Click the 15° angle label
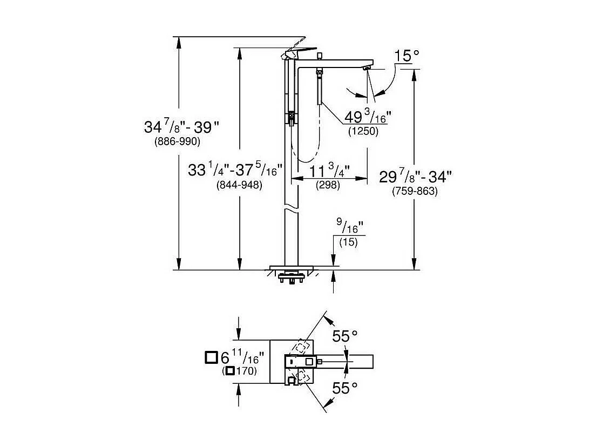click(x=407, y=56)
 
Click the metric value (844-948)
click(x=239, y=185)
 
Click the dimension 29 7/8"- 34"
click(x=415, y=176)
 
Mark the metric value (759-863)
click(x=415, y=191)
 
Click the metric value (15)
click(x=349, y=242)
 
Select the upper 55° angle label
click(x=345, y=336)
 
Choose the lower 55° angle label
click(x=345, y=388)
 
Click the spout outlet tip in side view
click(x=367, y=69)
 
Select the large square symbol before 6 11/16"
click(x=211, y=357)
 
